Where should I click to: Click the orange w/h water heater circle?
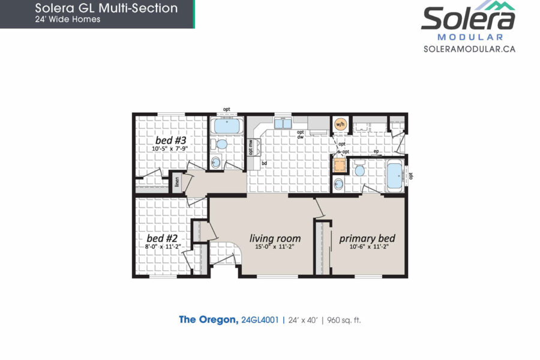340,124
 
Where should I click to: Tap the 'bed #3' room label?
171,140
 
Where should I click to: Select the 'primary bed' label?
367,238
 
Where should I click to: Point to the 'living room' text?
275,238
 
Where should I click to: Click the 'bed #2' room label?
162,238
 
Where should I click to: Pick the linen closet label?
177,182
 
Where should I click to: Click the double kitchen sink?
283,123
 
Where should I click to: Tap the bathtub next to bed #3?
227,126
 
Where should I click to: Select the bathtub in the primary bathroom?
395,176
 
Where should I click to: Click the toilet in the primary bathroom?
360,169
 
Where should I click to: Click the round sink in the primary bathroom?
338,184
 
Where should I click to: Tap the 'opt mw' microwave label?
251,147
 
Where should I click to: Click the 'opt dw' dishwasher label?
301,134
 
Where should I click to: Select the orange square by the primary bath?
339,165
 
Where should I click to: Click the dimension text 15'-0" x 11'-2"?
275,247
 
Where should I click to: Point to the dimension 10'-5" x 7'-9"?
170,149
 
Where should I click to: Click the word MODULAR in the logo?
470,37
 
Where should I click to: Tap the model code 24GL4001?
260,320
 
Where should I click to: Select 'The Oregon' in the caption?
209,320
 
